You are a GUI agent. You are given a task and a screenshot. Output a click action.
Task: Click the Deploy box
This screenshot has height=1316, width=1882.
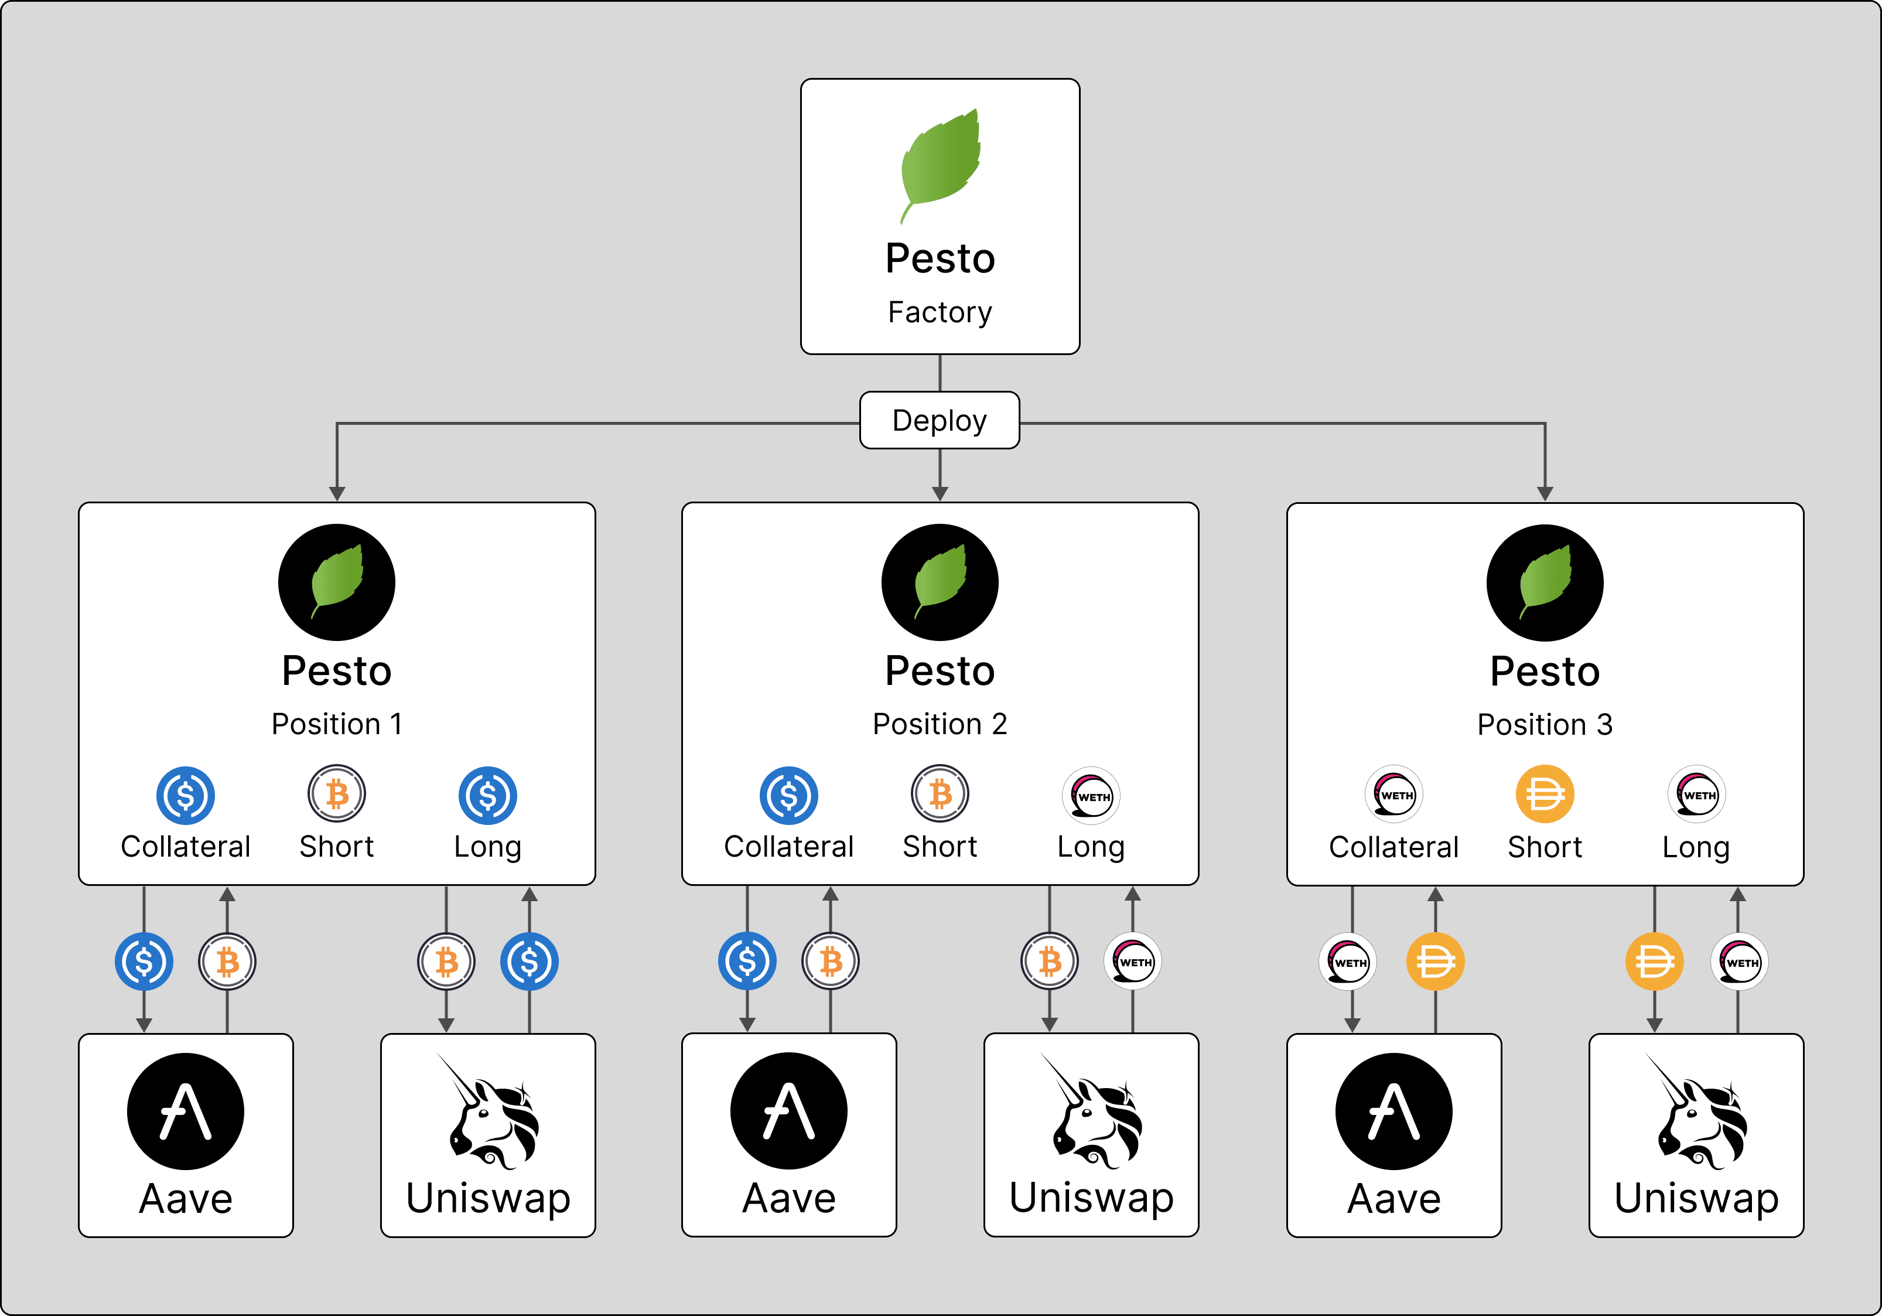(x=940, y=421)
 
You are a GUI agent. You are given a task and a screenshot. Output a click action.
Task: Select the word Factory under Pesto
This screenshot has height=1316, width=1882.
(x=940, y=312)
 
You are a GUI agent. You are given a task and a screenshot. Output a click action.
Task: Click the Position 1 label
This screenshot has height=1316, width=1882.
(x=337, y=724)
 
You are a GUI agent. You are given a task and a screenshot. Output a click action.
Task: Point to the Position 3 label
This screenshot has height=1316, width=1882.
(x=1544, y=725)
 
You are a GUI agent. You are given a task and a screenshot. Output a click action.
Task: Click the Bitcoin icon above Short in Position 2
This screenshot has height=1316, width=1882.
(x=940, y=794)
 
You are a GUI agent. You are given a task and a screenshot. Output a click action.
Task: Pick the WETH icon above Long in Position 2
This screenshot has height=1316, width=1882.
(x=1091, y=795)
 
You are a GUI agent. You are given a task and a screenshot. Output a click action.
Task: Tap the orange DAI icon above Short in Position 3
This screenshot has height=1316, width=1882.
(x=1544, y=794)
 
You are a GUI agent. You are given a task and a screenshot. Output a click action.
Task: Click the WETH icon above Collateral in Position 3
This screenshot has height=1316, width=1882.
(x=1393, y=794)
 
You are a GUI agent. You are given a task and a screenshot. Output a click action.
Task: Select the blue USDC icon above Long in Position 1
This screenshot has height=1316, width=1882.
(x=488, y=795)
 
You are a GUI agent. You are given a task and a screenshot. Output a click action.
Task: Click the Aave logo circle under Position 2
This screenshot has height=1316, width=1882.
(x=788, y=1111)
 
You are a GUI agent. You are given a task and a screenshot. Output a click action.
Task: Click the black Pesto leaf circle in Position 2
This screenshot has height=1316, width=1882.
(x=940, y=582)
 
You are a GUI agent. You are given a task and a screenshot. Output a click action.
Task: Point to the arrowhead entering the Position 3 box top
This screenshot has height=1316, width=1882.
(x=1544, y=493)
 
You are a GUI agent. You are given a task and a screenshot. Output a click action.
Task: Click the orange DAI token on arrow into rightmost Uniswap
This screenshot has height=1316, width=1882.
(x=1654, y=961)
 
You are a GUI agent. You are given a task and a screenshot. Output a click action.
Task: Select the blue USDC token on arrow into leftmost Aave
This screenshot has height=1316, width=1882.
(x=144, y=961)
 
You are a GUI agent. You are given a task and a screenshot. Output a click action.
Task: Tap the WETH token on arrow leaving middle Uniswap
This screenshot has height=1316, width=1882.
(x=1133, y=961)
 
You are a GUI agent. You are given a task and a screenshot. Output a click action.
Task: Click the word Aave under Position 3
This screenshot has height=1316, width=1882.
(x=1393, y=1199)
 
